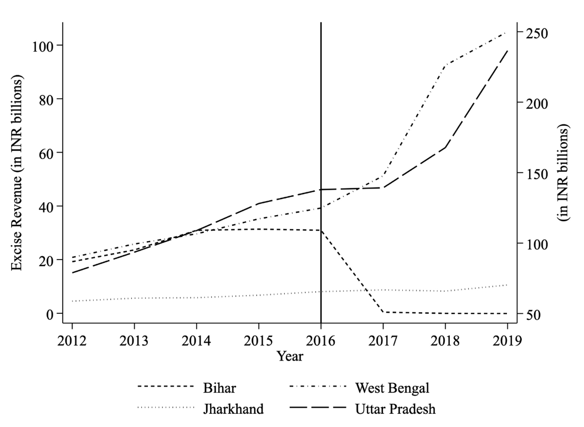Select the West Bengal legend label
click(391, 386)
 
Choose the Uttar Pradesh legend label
click(395, 409)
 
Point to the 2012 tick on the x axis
click(72, 339)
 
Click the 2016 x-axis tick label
click(321, 339)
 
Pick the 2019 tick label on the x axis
click(508, 339)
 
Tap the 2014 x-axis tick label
click(196, 339)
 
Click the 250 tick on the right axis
click(533, 33)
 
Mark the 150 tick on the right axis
click(533, 174)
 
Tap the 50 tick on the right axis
click(530, 314)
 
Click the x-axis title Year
click(290, 356)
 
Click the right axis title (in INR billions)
click(564, 173)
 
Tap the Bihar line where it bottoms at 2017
click(383, 312)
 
